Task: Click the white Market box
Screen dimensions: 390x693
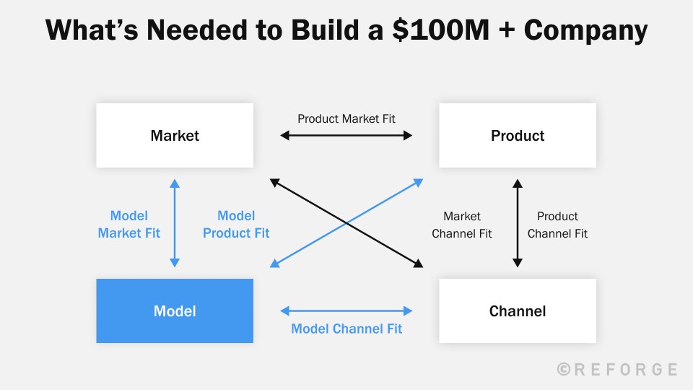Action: [x=175, y=136]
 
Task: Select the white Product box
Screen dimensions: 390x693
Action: [x=518, y=136]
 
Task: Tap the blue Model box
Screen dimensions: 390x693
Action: [x=175, y=311]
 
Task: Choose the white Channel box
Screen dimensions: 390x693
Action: [x=518, y=311]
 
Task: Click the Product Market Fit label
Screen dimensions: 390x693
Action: [x=346, y=118]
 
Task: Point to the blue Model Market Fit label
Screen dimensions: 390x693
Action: [x=129, y=224]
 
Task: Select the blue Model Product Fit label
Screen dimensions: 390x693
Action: [x=236, y=224]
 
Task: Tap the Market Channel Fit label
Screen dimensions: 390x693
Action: [x=462, y=225]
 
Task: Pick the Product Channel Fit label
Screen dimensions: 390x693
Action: [x=557, y=225]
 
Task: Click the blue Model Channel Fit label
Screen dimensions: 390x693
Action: [x=346, y=329]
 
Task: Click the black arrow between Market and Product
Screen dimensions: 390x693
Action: [x=346, y=135]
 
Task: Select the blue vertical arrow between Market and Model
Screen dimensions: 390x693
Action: [x=175, y=223]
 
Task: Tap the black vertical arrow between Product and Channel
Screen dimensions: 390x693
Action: [x=517, y=223]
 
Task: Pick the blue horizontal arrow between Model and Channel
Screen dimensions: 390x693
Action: [x=346, y=311]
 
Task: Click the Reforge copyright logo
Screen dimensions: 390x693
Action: [x=618, y=369]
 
